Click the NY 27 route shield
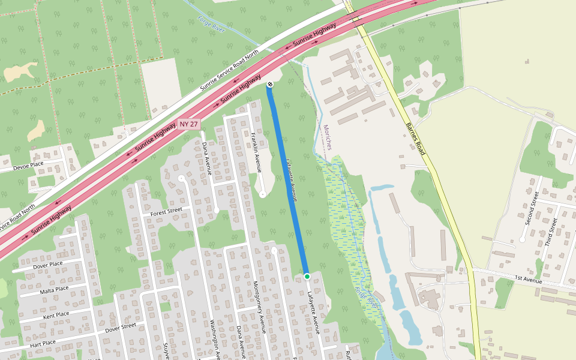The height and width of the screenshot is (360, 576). [x=188, y=124]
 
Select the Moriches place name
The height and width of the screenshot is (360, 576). [x=328, y=137]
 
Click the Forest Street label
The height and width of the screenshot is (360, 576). [x=166, y=211]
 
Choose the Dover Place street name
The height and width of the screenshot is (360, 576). [x=48, y=265]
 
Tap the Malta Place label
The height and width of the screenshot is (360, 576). [x=55, y=289]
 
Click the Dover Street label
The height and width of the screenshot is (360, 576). [x=121, y=328]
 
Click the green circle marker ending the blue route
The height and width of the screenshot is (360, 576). [x=307, y=276]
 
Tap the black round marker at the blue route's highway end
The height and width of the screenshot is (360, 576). [x=270, y=85]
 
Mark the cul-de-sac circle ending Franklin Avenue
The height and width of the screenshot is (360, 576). [x=263, y=194]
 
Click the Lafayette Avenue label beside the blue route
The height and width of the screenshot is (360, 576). [x=291, y=179]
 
